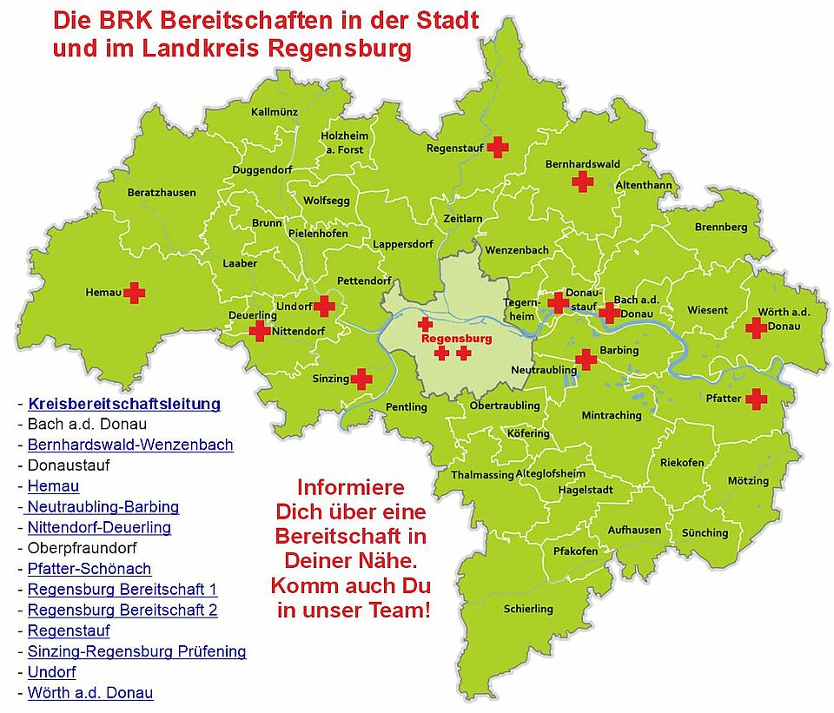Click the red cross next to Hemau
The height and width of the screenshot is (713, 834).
tap(134, 293)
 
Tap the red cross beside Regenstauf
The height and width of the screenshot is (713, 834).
tap(497, 147)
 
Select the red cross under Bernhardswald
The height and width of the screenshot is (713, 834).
tap(582, 181)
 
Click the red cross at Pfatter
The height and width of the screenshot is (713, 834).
tap(757, 399)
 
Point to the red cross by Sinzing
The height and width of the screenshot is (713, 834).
tap(361, 379)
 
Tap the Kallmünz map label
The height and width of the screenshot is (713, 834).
tap(274, 112)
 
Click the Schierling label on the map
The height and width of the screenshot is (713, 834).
tap(528, 609)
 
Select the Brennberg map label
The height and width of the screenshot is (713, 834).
tap(721, 228)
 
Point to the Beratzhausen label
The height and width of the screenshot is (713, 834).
tap(162, 192)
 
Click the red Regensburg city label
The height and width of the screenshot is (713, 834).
tap(456, 338)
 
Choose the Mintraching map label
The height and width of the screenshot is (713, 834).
tap(612, 415)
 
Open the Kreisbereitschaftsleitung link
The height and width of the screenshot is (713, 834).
tap(124, 404)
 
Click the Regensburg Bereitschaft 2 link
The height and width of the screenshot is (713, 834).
tap(122, 610)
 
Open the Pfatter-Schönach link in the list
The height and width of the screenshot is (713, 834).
tap(89, 569)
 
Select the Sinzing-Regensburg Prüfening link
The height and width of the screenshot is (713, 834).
tap(136, 651)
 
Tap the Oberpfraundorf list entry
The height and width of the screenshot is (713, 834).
tap(82, 548)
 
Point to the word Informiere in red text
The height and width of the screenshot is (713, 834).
tap(351, 487)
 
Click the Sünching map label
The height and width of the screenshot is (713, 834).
tap(705, 532)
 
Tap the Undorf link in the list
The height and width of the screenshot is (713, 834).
tap(51, 672)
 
